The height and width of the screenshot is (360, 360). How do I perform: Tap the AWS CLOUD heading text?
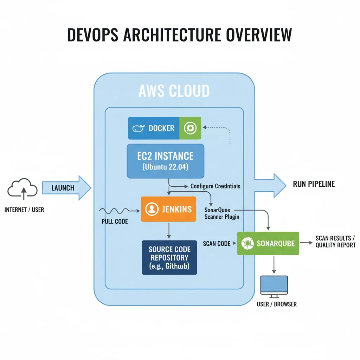[174, 91]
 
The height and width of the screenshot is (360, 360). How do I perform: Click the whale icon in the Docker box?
[139, 129]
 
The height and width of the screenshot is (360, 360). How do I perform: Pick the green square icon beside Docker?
[190, 128]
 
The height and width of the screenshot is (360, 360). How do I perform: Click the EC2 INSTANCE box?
[165, 161]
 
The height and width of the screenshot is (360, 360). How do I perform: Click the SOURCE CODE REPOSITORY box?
[169, 257]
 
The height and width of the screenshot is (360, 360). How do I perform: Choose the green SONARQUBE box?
[268, 243]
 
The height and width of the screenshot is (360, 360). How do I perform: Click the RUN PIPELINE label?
[314, 184]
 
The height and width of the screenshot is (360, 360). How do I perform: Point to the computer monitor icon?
[274, 286]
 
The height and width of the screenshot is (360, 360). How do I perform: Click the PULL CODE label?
[115, 222]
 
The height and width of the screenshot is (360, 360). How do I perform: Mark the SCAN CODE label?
[217, 243]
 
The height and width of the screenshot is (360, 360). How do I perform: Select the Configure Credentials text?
[215, 186]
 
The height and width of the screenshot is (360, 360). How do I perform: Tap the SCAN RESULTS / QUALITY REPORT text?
[335, 242]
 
